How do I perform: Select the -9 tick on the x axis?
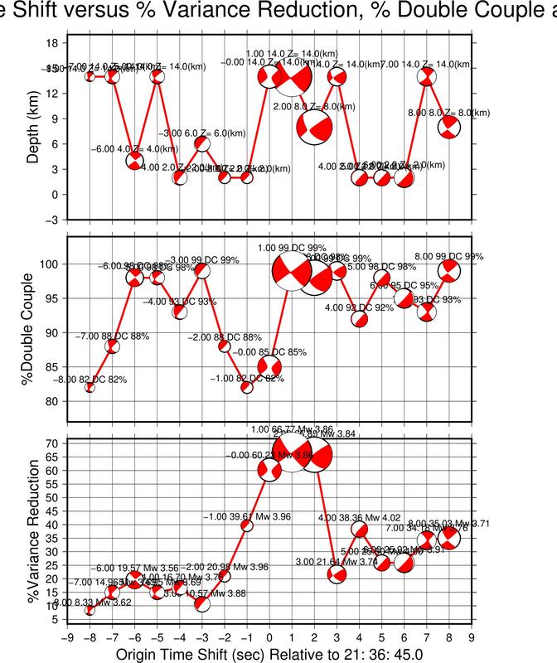point(65,637)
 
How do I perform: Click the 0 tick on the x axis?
point(269,637)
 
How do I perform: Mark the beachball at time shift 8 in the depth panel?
point(449,127)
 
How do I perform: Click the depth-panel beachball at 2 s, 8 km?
point(314,127)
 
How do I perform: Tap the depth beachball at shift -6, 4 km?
point(135,161)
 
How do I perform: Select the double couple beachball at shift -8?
point(90,387)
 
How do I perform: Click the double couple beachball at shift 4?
point(360,318)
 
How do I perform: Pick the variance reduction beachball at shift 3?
point(337,574)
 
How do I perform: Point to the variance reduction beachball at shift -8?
point(90,610)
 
